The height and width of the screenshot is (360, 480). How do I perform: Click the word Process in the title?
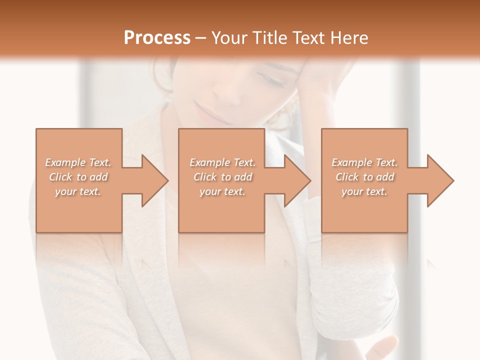click(x=157, y=37)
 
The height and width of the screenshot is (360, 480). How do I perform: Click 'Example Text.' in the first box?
click(x=78, y=162)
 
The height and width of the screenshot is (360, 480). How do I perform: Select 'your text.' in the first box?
click(x=78, y=191)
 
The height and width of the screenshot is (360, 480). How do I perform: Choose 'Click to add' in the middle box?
click(x=222, y=177)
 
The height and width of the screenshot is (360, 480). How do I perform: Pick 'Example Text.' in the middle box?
click(x=222, y=162)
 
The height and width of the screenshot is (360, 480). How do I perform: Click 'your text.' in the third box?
click(x=364, y=191)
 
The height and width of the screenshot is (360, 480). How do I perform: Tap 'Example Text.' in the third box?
click(x=364, y=162)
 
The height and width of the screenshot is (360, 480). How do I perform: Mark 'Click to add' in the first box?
click(x=78, y=177)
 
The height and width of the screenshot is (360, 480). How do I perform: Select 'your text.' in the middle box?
click(x=222, y=191)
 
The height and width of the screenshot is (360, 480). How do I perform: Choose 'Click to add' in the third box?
click(x=364, y=177)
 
